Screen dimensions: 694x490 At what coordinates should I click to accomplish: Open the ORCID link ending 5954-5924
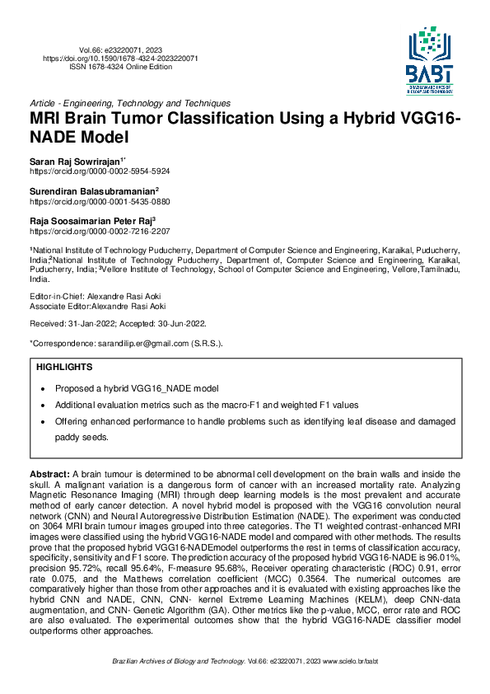pos(100,171)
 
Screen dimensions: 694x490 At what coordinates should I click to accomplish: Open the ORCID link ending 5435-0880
pos(100,200)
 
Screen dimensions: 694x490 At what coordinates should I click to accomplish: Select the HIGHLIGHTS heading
pos(64,367)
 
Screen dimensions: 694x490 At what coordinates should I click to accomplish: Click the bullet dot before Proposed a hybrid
pos(43,388)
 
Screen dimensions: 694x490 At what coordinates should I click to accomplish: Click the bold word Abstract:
pos(49,476)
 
